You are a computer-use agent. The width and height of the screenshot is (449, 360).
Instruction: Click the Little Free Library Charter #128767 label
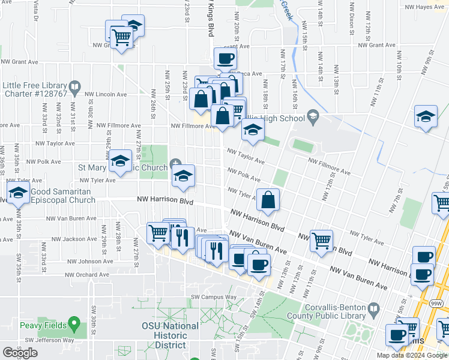click(35, 89)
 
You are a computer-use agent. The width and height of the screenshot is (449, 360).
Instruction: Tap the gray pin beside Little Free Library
click(75, 88)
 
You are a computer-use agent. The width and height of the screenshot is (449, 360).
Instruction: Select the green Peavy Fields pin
click(74, 325)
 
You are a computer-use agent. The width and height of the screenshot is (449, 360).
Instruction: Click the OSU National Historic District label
click(170, 335)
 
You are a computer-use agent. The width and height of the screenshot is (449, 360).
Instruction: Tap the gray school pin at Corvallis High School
click(312, 115)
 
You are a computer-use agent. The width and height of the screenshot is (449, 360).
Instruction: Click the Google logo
click(20, 352)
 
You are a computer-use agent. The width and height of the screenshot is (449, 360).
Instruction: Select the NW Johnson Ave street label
click(88, 261)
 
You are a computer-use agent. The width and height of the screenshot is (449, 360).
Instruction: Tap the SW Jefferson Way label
click(49, 340)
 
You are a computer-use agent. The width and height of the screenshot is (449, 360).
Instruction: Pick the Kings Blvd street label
click(211, 19)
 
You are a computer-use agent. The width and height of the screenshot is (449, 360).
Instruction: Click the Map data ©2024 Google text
click(412, 355)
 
